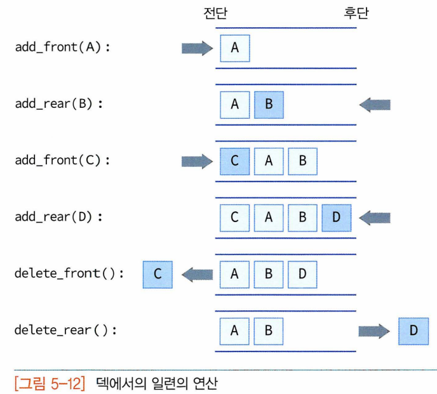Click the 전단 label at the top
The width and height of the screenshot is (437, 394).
pos(214,13)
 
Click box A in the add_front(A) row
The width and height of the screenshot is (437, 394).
pos(235,48)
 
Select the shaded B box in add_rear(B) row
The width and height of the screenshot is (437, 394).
pos(269,105)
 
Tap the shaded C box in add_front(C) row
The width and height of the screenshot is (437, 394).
pos(235,161)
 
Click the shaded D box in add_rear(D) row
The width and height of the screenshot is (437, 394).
pos(337,218)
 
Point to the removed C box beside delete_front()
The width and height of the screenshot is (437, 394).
pos(158,274)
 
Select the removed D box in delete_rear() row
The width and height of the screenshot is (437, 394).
pos(413,331)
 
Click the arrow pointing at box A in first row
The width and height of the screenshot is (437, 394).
pos(197,48)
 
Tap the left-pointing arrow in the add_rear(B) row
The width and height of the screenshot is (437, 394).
pos(375,105)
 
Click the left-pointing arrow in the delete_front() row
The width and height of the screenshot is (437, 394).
pos(197,274)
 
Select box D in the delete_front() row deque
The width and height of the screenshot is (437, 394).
pos(302,274)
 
